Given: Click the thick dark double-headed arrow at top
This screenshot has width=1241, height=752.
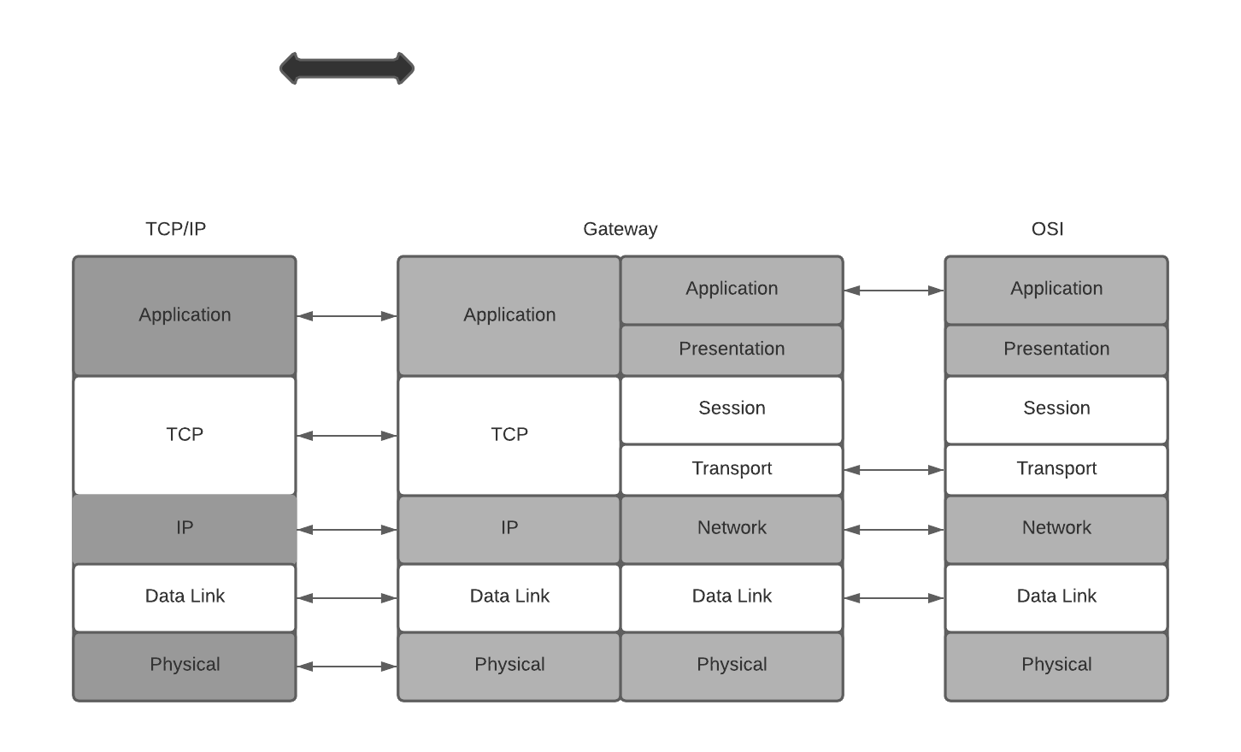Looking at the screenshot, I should [x=347, y=68].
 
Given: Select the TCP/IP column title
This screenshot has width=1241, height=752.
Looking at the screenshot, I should [x=175, y=229].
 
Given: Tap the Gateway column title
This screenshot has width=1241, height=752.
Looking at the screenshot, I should [x=620, y=229].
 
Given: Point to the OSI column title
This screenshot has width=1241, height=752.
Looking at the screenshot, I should [x=1047, y=229].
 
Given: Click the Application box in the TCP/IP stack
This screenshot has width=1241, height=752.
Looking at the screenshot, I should [x=185, y=315].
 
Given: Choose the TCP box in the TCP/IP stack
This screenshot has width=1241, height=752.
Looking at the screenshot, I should [x=185, y=435].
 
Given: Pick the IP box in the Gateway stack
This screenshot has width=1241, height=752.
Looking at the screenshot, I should [x=509, y=528].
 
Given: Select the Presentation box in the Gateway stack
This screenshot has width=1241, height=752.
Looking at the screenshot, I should [x=732, y=350].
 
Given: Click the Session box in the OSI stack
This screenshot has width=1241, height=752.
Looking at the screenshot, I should [x=1056, y=408].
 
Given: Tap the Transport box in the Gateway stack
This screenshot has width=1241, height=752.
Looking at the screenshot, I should [x=732, y=469].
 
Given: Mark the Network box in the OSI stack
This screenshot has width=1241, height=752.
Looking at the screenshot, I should [x=1056, y=528].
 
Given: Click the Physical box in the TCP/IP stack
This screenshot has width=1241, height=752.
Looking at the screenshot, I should [x=185, y=665].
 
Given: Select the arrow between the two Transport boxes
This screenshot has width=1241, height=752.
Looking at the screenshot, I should [x=894, y=470].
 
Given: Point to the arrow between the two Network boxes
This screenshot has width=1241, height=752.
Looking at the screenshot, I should [x=894, y=530].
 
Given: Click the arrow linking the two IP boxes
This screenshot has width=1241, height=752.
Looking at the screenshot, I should [x=347, y=530].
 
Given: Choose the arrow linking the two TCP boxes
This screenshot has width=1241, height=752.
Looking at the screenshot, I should [x=347, y=436].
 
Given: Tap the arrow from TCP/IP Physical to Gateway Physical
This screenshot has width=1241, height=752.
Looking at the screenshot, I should [x=347, y=667].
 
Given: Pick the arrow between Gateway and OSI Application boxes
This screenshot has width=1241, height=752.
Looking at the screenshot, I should [x=894, y=291].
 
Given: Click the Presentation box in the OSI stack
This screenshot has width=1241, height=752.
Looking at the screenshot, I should [x=1056, y=350].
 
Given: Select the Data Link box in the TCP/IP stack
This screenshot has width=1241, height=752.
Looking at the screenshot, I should [x=185, y=596].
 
